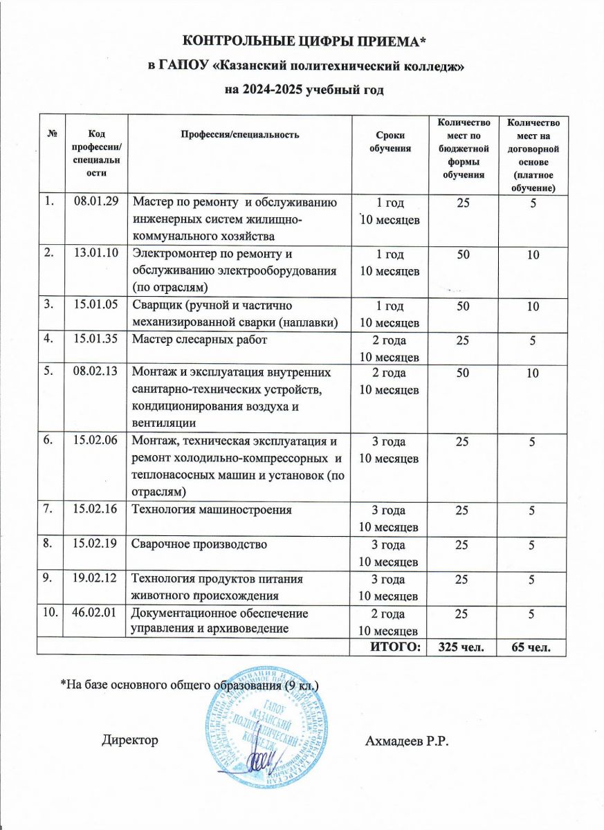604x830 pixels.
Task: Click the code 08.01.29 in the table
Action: click(x=95, y=203)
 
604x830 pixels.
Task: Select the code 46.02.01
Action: click(x=95, y=613)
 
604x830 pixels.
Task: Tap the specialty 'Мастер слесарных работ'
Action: click(x=199, y=340)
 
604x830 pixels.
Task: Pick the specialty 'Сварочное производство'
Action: click(x=199, y=544)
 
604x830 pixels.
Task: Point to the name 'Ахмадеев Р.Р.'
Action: click(x=407, y=741)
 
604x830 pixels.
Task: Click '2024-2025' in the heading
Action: click(x=281, y=90)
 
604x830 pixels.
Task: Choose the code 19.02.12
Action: click(x=95, y=578)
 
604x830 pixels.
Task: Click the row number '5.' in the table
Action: click(x=48, y=373)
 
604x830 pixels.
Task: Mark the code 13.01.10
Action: click(x=95, y=255)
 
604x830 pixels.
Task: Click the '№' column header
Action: click(x=51, y=133)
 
